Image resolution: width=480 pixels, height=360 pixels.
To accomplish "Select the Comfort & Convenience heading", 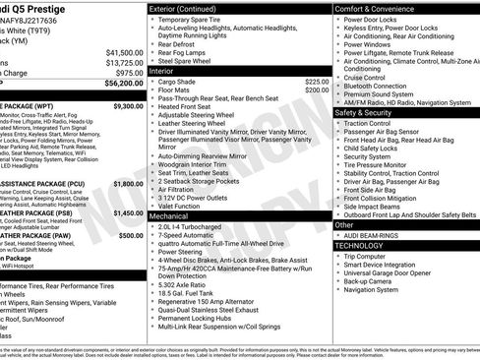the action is (379, 9).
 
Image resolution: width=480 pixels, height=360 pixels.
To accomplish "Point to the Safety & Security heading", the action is (370, 112).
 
